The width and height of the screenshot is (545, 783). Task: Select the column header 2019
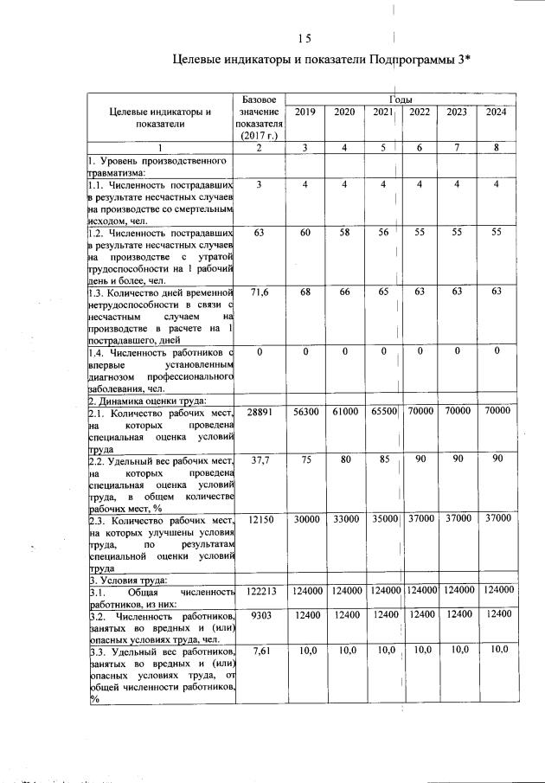(x=305, y=112)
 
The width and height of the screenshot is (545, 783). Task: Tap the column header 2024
(x=496, y=112)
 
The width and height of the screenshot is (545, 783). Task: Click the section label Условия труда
(x=130, y=579)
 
